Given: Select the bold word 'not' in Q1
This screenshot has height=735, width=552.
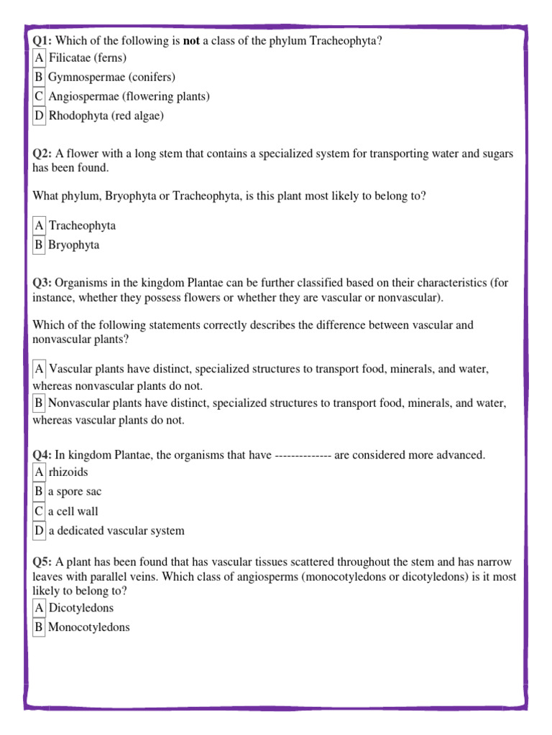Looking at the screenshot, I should coord(191,41).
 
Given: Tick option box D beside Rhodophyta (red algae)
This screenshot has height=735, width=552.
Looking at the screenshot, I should coord(39,116).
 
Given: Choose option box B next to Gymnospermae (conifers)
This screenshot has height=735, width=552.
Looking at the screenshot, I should coord(39,77).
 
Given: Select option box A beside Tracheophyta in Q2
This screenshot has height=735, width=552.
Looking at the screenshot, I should coord(39,225).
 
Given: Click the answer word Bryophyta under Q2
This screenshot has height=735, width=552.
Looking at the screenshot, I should coord(74,245).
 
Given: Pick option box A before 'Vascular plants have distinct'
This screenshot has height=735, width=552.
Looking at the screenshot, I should coord(39,369).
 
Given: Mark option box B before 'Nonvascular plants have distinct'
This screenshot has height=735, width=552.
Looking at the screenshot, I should coord(39,403).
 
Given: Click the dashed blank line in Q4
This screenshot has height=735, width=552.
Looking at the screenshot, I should coord(303,455).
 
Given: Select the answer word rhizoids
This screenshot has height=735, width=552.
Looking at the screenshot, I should coord(68,472).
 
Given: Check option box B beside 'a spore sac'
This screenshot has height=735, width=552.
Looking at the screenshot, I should coord(39,492).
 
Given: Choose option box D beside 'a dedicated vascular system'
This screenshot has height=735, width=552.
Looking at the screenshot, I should coord(39,531).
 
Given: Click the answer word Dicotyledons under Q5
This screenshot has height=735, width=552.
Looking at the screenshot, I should coord(81,608).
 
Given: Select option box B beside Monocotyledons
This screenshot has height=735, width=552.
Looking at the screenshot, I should coord(39,627).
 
